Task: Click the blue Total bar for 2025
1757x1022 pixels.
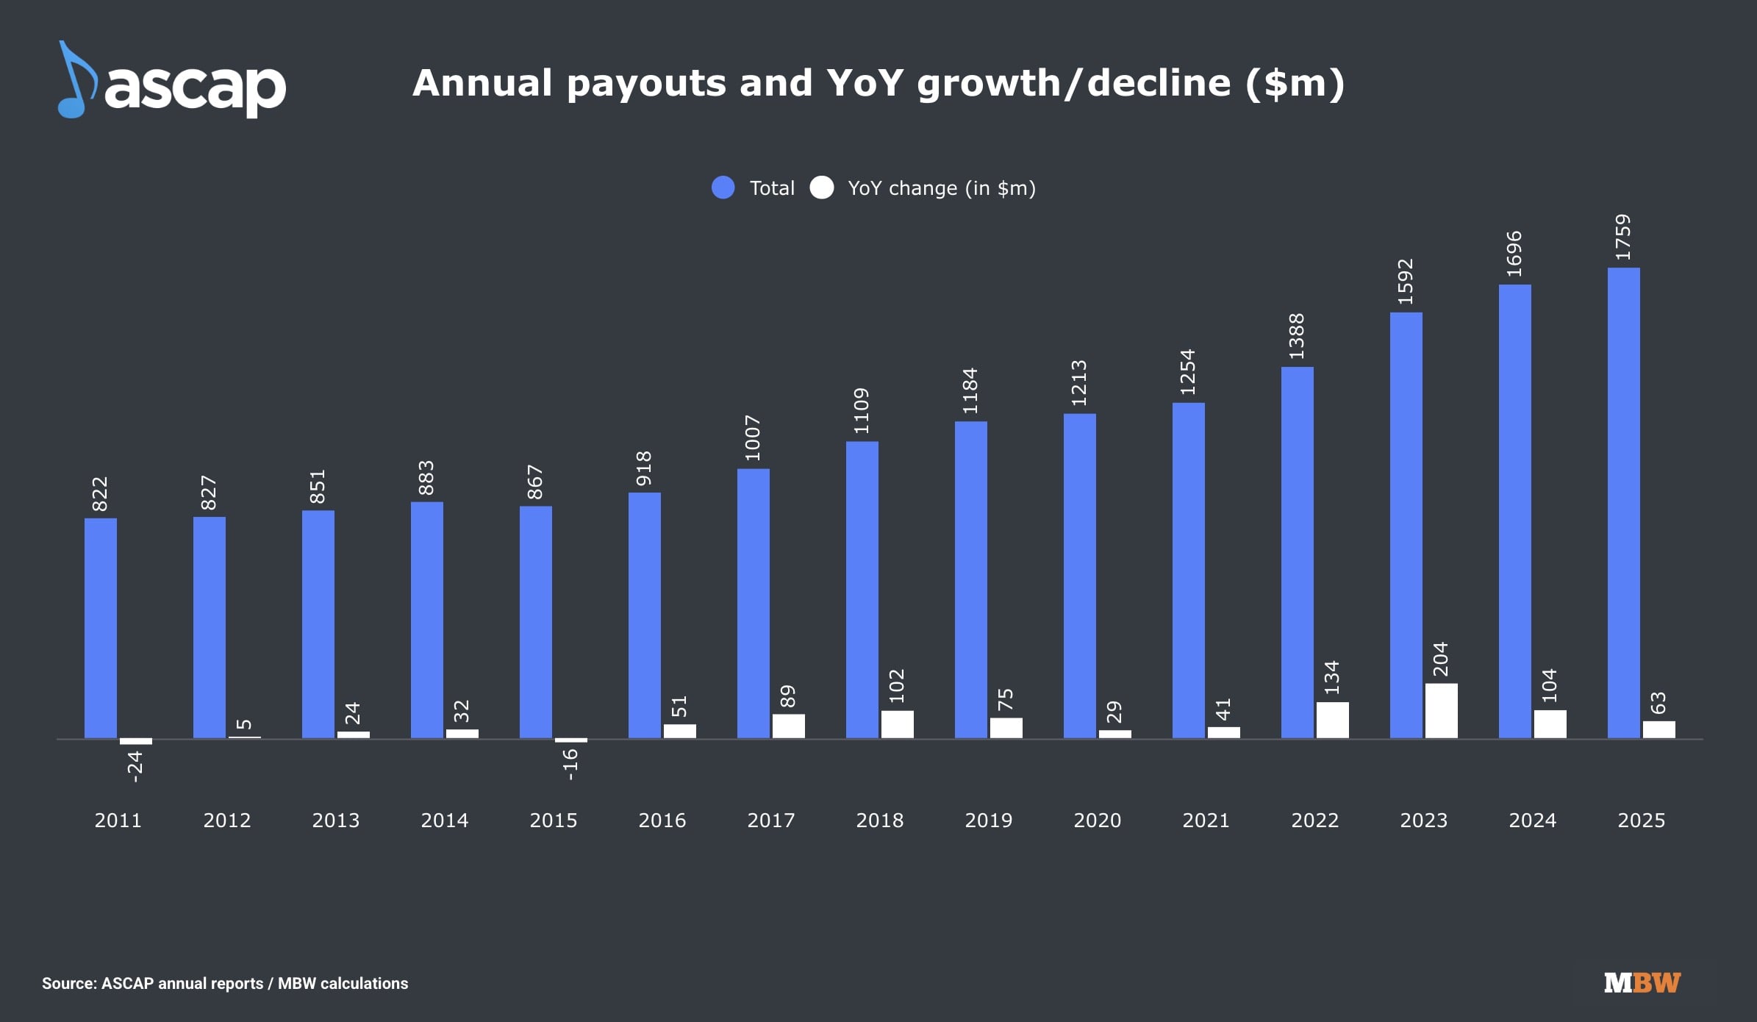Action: click(1623, 503)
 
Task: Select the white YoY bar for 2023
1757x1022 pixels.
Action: click(1441, 710)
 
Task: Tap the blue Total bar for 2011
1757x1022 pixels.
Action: click(101, 628)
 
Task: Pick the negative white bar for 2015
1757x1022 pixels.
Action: click(570, 740)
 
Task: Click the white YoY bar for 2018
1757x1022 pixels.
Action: click(897, 723)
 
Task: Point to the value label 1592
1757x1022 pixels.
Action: click(1405, 282)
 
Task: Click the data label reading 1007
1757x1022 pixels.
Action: click(752, 438)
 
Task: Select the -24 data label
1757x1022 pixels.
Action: click(135, 766)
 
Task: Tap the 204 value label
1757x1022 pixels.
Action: click(1440, 659)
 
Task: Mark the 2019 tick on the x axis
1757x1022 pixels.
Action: click(988, 821)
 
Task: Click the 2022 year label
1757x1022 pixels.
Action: click(1314, 821)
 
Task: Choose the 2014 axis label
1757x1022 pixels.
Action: click(444, 821)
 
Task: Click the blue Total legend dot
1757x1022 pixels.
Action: click(723, 188)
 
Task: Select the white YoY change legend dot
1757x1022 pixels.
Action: click(821, 188)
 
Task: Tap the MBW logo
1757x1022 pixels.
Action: click(1642, 983)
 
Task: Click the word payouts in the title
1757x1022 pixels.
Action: click(646, 83)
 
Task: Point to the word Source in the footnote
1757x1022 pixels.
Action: click(68, 984)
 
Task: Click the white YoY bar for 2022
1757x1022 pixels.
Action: click(1332, 720)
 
